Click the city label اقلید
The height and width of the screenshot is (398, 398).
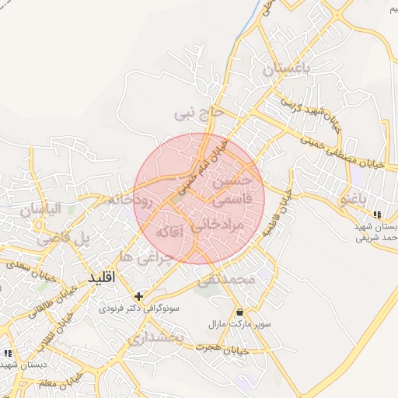[102, 278]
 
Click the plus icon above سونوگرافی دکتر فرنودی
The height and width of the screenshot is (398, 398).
[138, 295]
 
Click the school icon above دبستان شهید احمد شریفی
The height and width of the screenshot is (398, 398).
[377, 215]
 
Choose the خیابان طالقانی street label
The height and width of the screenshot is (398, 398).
[46, 302]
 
